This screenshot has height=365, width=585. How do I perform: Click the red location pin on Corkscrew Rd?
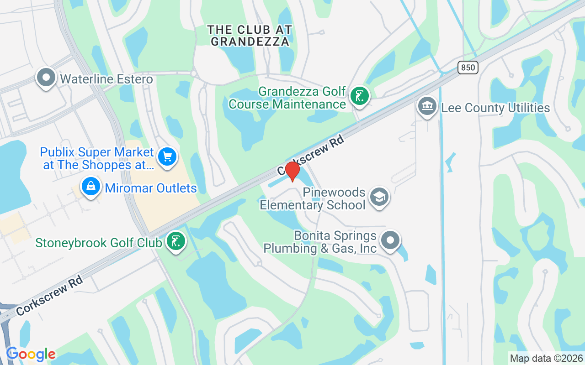292,172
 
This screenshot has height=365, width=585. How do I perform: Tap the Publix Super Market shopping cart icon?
167,157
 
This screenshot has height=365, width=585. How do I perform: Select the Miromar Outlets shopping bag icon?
91,186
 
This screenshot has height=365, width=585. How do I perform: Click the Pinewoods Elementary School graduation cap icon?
379,197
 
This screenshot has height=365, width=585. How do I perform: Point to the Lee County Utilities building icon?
427,106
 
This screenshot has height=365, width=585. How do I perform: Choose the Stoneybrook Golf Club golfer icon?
175,241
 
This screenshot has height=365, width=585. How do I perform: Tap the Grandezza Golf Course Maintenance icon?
360,96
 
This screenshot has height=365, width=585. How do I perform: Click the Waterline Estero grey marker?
46,78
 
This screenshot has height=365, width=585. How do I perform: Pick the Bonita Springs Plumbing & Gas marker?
390,240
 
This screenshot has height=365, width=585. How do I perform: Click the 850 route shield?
468,68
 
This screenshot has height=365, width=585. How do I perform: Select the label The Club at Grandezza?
250,36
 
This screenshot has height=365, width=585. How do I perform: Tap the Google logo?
31,354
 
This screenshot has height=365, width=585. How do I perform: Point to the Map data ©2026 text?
547,358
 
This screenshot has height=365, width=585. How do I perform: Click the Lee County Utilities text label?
495,108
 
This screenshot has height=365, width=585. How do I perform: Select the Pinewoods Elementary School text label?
313,199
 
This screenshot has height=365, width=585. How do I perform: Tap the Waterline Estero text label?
106,79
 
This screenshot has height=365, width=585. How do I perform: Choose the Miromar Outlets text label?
151,188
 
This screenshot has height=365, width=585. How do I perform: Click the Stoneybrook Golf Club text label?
99,242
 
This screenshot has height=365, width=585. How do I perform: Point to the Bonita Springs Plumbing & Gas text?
320,242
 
